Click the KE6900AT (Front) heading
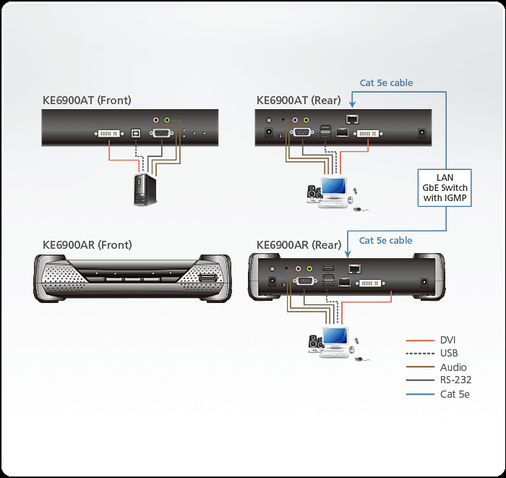[x=87, y=101]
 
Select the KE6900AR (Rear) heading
[x=299, y=244]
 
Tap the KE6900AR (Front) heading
[x=87, y=244]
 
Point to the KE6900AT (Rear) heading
[x=298, y=101]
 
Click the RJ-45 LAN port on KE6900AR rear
[x=353, y=268]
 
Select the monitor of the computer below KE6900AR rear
[x=335, y=336]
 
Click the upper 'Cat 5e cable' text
[x=386, y=82]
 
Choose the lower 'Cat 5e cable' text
[x=386, y=240]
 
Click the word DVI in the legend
[x=448, y=340]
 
